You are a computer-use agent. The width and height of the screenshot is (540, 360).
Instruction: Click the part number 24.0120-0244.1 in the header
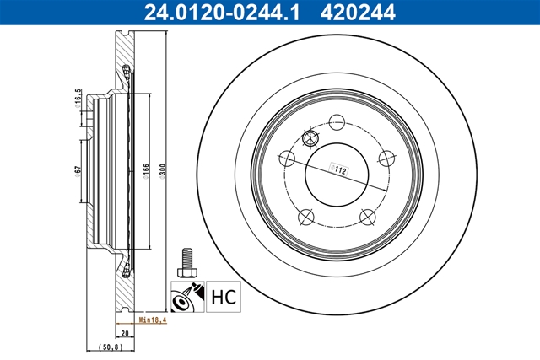tap(222, 13)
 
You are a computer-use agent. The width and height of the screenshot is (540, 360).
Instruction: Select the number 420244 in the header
tap(358, 13)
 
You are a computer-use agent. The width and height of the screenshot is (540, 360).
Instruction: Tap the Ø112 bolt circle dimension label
tap(338, 169)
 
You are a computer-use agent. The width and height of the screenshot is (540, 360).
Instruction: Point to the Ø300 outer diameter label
tap(162, 171)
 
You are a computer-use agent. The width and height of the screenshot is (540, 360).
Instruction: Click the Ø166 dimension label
tap(146, 171)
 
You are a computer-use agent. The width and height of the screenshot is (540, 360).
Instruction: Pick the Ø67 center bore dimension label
tap(78, 171)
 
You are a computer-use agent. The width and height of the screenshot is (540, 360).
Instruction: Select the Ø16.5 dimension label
tap(78, 98)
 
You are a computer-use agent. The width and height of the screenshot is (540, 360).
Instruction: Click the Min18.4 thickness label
tap(153, 320)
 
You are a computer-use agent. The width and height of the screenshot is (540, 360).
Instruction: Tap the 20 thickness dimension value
tap(125, 333)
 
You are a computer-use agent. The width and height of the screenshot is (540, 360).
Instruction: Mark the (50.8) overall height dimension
tap(111, 347)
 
